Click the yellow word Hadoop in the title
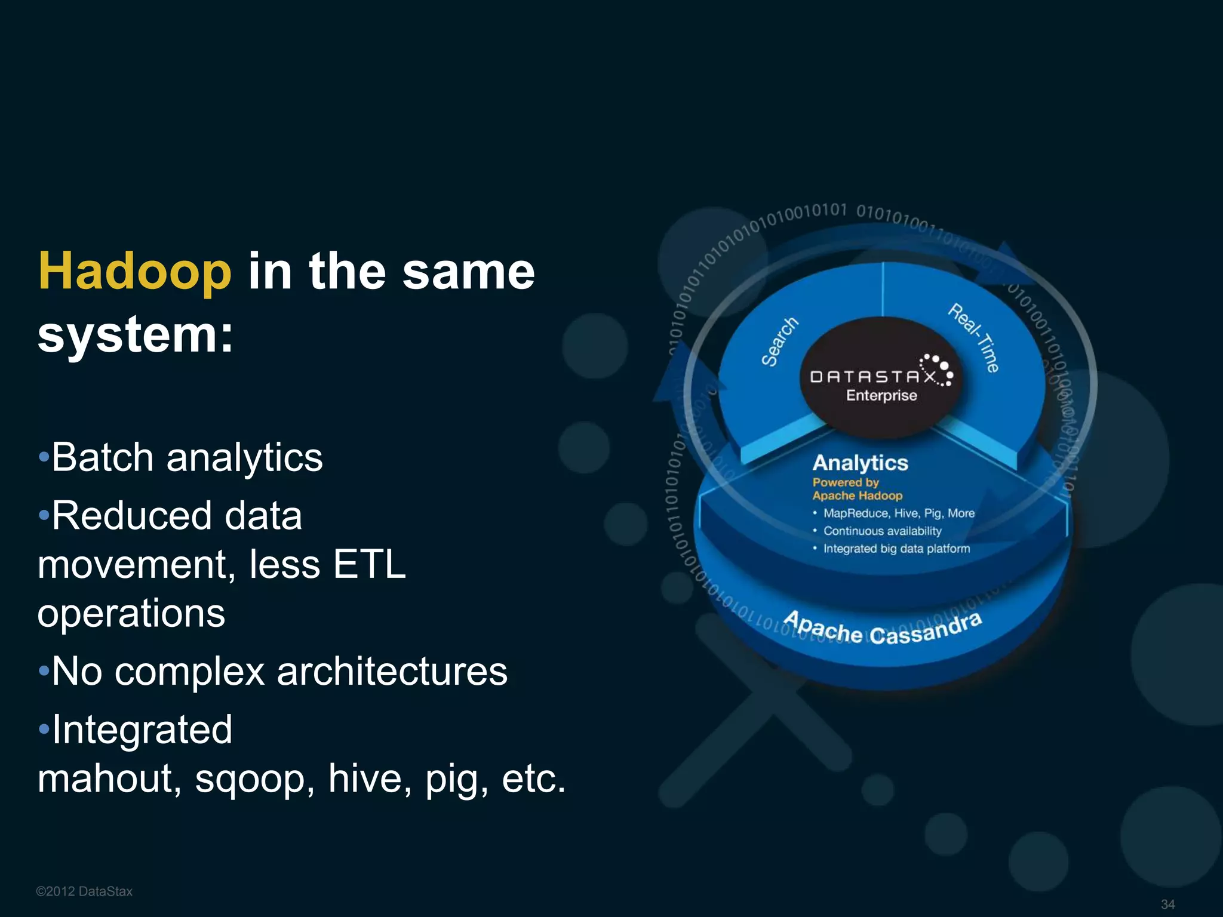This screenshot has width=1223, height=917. click(135, 272)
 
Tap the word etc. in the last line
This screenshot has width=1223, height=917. click(533, 779)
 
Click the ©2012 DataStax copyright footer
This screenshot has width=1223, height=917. click(84, 891)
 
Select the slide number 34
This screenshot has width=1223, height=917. click(1167, 904)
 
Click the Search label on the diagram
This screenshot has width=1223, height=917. click(779, 341)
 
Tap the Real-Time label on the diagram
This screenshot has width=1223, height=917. click(974, 338)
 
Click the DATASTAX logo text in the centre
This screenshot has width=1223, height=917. click(873, 377)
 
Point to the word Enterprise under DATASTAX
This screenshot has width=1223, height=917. click(881, 395)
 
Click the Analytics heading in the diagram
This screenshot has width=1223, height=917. click(860, 463)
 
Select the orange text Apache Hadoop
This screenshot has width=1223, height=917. click(857, 496)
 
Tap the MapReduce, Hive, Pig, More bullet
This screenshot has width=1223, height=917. click(898, 513)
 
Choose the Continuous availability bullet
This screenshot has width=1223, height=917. click(882, 531)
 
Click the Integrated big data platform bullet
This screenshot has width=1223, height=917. click(896, 549)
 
